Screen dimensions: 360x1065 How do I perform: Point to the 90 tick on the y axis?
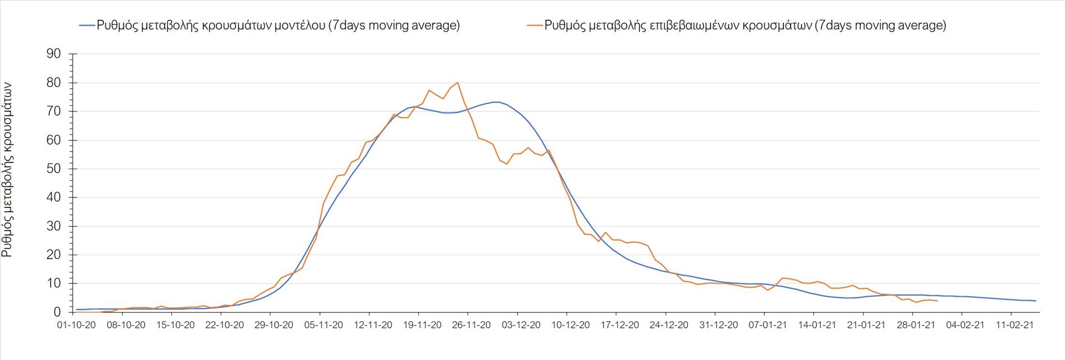click(54, 54)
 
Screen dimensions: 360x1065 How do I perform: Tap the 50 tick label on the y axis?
click(54, 169)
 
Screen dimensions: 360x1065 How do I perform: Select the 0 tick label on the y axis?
click(57, 312)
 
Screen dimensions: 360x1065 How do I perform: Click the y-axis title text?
click(7, 170)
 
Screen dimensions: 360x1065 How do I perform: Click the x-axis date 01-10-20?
click(77, 325)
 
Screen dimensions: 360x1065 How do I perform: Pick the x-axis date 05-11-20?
click(323, 325)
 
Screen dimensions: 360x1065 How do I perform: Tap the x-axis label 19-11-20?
click(422, 325)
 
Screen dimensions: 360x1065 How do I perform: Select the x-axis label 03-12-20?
click(521, 325)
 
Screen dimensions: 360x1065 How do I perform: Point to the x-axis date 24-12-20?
click(669, 325)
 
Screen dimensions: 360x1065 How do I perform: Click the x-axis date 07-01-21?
click(768, 325)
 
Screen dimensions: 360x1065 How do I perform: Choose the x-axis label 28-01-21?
click(916, 325)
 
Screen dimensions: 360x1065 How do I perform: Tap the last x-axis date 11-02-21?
click(1015, 325)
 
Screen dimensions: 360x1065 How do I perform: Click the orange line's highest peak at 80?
click(457, 83)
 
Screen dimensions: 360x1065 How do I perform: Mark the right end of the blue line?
click(1036, 301)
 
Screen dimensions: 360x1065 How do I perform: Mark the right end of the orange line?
click(937, 301)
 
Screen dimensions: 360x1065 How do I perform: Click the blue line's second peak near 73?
click(497, 102)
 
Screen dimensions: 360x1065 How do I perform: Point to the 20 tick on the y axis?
click(54, 255)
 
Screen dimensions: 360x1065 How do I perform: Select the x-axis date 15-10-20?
click(175, 325)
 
